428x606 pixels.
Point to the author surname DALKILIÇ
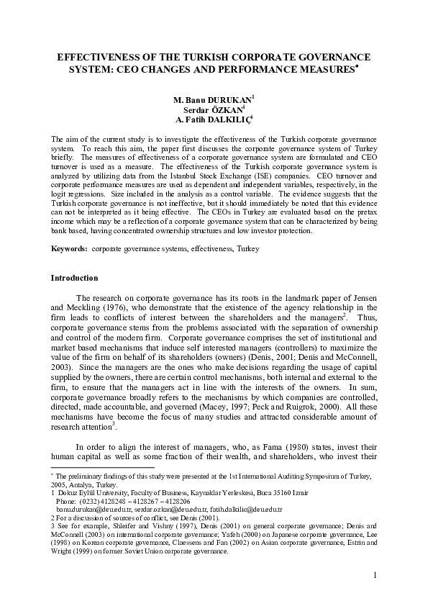coord(228,120)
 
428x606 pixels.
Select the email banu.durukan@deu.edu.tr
coord(88,509)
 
